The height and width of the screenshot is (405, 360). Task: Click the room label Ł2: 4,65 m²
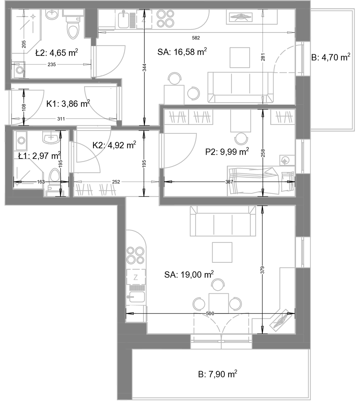coord(57,53)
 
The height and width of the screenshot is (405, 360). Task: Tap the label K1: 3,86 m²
coord(68,104)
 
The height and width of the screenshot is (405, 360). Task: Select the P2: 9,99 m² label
coord(227,152)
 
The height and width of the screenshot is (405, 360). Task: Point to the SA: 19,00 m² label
coord(189,274)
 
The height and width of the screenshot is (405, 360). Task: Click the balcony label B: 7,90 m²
coord(218,374)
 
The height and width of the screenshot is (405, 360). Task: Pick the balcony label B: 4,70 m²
coord(331,57)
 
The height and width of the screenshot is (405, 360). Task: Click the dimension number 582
coord(196,38)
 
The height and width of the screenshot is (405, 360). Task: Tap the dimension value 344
coord(144,67)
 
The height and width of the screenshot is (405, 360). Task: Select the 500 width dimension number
coord(210,314)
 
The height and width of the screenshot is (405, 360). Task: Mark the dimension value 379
coord(263,270)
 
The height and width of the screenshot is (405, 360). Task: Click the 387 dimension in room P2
coord(229,182)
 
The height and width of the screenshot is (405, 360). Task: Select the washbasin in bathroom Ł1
coord(51,137)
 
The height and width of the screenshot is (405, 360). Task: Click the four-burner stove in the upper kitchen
coord(165,19)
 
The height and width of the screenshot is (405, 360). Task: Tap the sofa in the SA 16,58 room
coord(240,87)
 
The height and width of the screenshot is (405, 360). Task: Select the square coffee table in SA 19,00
coord(222,252)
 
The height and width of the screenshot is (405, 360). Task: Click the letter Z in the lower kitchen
coord(136,277)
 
